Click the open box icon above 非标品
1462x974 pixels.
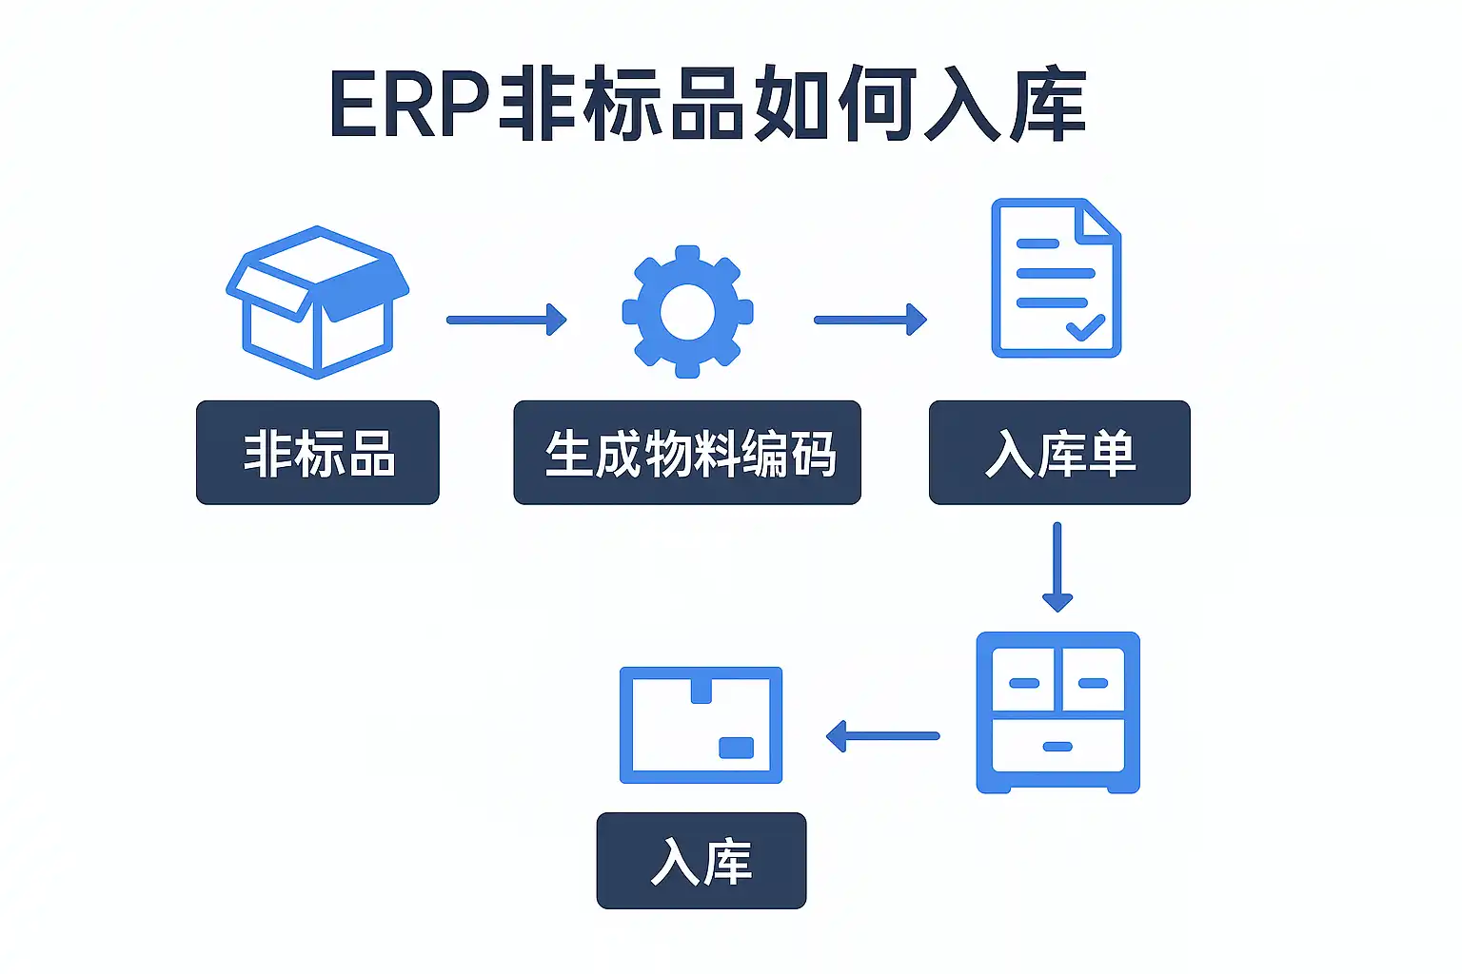coord(317,302)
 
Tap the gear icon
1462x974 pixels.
coord(687,312)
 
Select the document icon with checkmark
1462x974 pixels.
coord(1056,278)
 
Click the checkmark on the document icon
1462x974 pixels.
coord(1085,328)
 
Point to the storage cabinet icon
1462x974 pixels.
coord(1057,711)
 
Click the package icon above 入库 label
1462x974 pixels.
coord(701,725)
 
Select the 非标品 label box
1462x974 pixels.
coord(317,453)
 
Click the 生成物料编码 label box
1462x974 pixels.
coord(687,453)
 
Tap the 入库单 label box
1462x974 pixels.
coord(1059,453)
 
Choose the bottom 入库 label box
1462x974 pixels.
coord(701,861)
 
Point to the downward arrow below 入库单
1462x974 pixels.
coord(1057,567)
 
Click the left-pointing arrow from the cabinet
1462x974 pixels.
coord(882,736)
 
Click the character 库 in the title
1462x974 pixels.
coord(1047,105)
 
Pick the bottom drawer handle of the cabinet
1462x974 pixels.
coord(1057,747)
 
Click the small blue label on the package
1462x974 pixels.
coord(736,748)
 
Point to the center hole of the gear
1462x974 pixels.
coord(687,312)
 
